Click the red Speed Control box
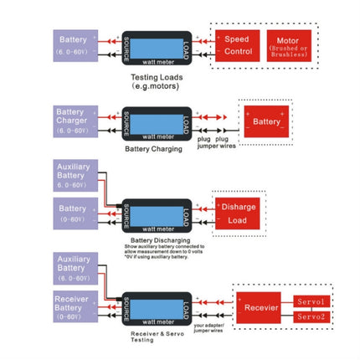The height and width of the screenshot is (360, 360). coord(237,45)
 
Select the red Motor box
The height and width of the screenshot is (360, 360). coord(288,45)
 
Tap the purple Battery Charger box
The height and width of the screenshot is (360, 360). coord(75,121)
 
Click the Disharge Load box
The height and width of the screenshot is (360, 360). coord(237,214)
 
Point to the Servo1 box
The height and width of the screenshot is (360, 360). coord(314,301)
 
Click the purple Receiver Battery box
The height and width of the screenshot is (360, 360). coord(75,307)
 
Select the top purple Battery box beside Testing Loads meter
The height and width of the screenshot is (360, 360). coord(75,45)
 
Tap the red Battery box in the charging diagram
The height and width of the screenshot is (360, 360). coord(266,122)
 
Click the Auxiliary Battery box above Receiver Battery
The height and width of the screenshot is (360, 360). coord(75,267)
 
